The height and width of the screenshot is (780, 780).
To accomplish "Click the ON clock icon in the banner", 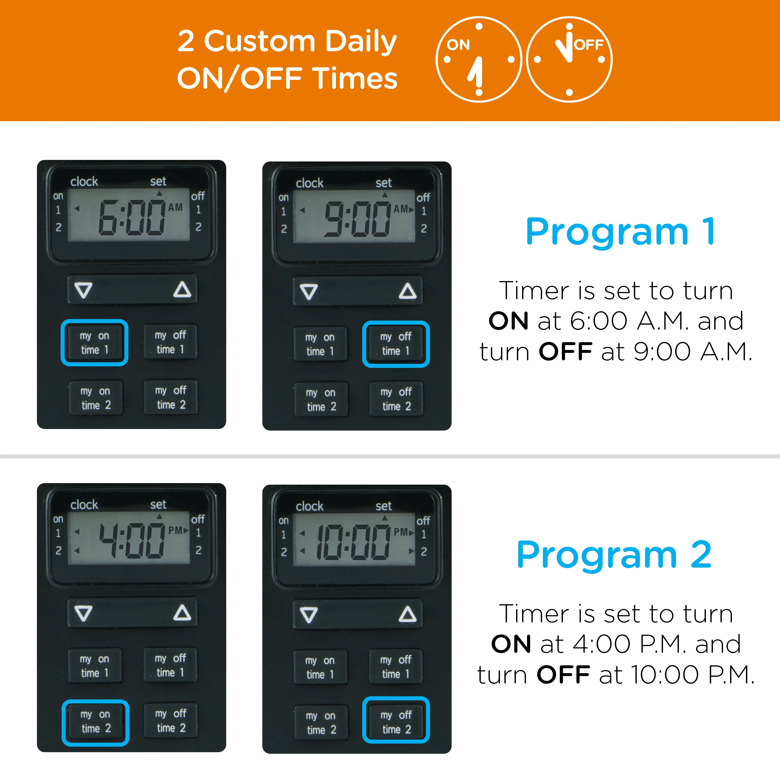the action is (479, 59).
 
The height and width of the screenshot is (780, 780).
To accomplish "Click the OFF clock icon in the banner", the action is (569, 59).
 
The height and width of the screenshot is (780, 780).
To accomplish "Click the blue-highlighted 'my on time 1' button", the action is (94, 343).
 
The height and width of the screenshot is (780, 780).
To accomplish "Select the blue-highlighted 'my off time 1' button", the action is (396, 344).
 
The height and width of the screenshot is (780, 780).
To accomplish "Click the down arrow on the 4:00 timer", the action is (83, 613).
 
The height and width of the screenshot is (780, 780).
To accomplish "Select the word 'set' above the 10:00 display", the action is (383, 506).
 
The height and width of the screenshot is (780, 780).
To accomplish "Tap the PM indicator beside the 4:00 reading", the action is (175, 530).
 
